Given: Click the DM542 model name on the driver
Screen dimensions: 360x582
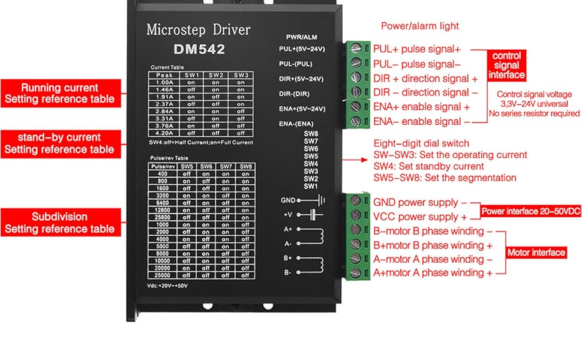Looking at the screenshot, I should pyautogui.click(x=199, y=49).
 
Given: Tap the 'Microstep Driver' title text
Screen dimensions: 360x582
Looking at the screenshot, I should pyautogui.click(x=198, y=29).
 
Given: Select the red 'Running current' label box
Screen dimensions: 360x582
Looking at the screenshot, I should pyautogui.click(x=59, y=93).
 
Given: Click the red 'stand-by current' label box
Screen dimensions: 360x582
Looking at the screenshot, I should pyautogui.click(x=59, y=143).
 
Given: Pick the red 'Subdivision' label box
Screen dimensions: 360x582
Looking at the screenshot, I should pyautogui.click(x=59, y=223).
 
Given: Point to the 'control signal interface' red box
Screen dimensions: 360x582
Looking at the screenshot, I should pyautogui.click(x=506, y=65).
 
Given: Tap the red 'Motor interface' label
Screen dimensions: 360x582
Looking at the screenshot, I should pyautogui.click(x=536, y=253).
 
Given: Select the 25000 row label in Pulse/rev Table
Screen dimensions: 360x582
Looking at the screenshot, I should pyautogui.click(x=163, y=275).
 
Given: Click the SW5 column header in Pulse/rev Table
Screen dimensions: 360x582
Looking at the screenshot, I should pyautogui.click(x=187, y=166).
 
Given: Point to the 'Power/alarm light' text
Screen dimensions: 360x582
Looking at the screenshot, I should pyautogui.click(x=419, y=26).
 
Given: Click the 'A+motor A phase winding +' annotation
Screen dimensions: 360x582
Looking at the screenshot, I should pyautogui.click(x=433, y=272).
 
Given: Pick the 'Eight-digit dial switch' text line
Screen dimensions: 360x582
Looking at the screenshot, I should pyautogui.click(x=421, y=144).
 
